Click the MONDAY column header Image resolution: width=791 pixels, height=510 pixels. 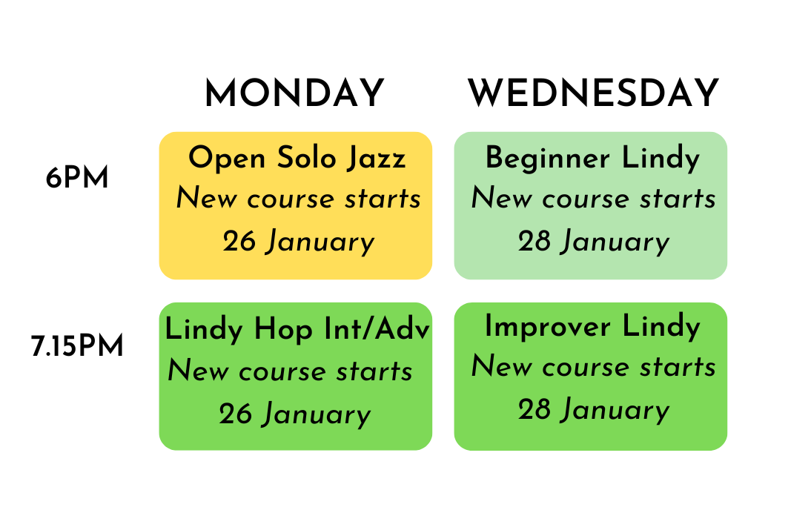[x=294, y=94]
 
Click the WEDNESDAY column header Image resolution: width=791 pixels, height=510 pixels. [x=593, y=94]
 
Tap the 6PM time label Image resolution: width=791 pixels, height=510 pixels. [x=77, y=179]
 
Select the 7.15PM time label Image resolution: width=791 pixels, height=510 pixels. [x=78, y=347]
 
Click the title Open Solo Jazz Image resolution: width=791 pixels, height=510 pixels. [x=297, y=159]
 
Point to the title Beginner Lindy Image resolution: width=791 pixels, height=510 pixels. [x=592, y=159]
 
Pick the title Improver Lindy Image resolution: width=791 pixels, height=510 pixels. [x=592, y=327]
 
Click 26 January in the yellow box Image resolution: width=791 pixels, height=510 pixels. [x=298, y=242]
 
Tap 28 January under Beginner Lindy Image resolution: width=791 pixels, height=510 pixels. [x=593, y=242]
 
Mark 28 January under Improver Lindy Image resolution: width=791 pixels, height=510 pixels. [x=593, y=411]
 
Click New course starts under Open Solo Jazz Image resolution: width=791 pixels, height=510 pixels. [x=298, y=199]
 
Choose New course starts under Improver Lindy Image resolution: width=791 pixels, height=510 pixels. [x=593, y=367]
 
